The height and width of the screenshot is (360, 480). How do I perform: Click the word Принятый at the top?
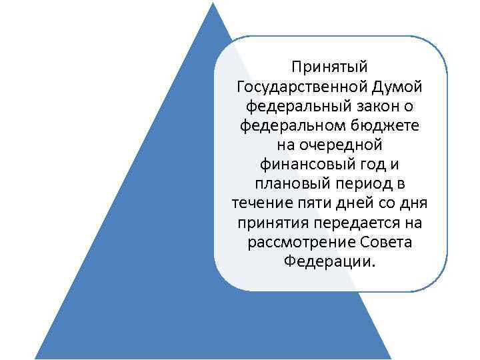click(x=330, y=67)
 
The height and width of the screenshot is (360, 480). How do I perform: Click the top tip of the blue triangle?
click(x=213, y=3)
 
